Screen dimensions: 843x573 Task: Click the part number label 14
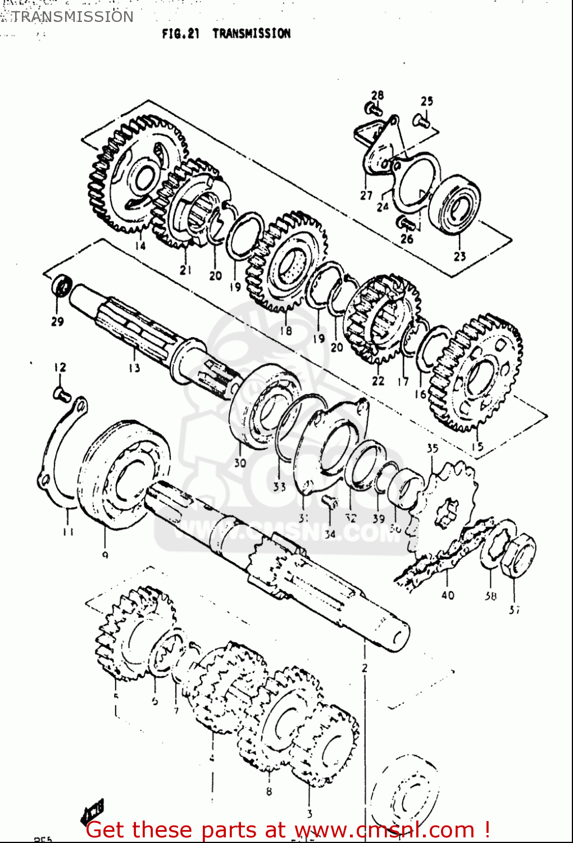tap(140, 246)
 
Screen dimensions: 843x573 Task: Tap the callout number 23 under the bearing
tap(460, 256)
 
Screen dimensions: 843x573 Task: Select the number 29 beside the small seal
tap(57, 321)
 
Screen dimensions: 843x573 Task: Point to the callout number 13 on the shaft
tap(134, 368)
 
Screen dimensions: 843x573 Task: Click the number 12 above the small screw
tap(60, 367)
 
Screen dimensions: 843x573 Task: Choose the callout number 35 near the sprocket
tap(432, 448)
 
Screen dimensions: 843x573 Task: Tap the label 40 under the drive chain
tap(448, 595)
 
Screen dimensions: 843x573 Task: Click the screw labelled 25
tap(421, 120)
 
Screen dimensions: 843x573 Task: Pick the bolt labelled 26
tap(406, 223)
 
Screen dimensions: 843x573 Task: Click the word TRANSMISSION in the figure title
tap(251, 34)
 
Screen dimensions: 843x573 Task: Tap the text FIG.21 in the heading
tap(180, 34)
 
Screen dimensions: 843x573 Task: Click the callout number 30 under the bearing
tap(240, 463)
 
